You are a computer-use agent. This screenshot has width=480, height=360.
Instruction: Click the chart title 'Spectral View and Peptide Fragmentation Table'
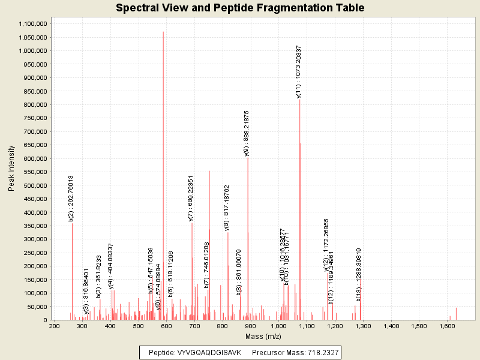[240, 8]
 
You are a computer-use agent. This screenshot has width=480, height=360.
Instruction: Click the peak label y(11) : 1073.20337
[299, 71]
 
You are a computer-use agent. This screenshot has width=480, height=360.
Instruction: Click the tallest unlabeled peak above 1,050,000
[163, 32]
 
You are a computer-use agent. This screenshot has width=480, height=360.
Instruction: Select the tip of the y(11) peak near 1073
[299, 99]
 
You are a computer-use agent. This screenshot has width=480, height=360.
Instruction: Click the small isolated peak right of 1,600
[456, 308]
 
